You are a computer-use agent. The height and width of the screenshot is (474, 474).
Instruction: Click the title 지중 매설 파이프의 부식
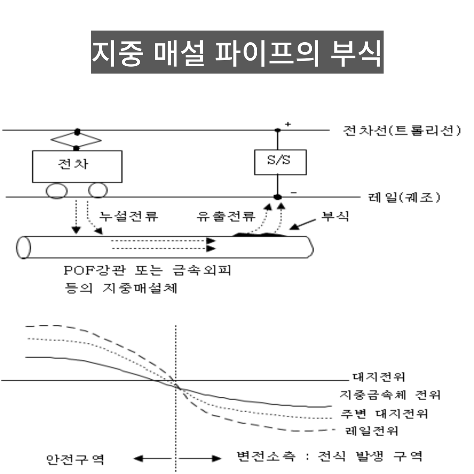[237, 52]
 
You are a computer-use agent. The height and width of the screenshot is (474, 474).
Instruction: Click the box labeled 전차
[77, 166]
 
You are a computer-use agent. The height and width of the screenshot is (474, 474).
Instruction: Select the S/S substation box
[280, 162]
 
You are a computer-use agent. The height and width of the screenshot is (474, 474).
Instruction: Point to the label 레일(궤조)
[403, 197]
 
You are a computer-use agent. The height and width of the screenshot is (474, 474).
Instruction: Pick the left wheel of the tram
[57, 190]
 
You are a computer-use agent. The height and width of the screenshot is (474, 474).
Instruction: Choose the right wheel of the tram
[97, 190]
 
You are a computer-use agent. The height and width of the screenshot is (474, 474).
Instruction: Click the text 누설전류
[128, 216]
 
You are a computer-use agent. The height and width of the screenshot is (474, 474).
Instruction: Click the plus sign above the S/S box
[288, 124]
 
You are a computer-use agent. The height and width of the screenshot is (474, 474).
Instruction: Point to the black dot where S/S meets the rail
[277, 197]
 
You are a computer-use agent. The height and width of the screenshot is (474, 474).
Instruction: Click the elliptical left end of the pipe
[23, 247]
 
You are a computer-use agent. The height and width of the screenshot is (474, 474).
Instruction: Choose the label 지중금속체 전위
[390, 395]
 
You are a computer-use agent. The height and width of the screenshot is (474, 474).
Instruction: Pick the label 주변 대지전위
[384, 413]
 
